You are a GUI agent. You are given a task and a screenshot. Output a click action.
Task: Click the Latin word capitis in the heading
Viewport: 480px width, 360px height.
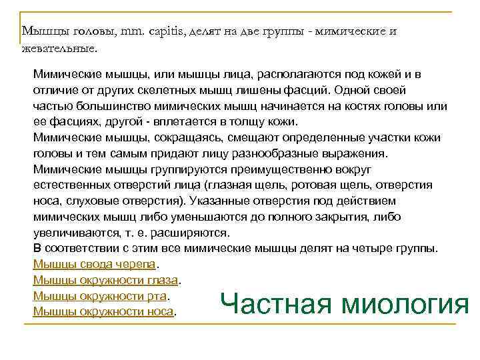coord(160,31)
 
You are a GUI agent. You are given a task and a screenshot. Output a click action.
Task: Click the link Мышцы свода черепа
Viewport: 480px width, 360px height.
coord(93,264)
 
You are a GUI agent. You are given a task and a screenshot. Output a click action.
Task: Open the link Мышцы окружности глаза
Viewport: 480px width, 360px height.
coord(106,280)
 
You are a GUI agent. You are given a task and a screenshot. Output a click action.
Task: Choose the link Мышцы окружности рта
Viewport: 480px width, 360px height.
coord(100,295)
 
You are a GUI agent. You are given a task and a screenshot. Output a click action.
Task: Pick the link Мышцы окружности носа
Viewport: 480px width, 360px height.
coord(103,311)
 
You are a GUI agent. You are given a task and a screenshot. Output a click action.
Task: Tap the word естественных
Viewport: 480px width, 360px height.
coord(75,185)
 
